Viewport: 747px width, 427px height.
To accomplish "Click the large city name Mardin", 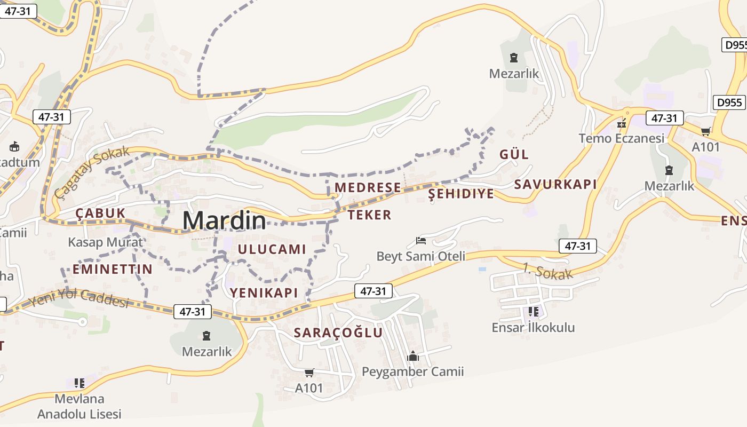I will [x=224, y=220].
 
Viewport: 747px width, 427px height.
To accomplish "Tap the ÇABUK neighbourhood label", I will [x=100, y=213].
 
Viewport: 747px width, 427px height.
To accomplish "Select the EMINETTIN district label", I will [x=113, y=269].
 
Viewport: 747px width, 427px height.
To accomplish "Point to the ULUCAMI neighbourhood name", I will [x=272, y=249].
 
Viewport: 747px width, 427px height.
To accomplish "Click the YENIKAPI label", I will [x=264, y=292].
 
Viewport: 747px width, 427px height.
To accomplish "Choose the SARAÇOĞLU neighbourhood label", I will [x=338, y=333].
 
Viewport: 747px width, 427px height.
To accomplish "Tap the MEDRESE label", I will [x=368, y=187].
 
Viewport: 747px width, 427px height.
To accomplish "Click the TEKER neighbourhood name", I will [x=369, y=215].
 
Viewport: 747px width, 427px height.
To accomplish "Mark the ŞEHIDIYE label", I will [x=461, y=194].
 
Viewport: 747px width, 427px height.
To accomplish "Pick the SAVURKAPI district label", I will [x=555, y=185].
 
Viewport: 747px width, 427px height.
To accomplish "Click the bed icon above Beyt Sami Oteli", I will [x=421, y=241].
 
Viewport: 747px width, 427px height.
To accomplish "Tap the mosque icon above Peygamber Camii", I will [x=413, y=356].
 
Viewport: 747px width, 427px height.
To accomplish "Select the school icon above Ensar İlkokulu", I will [x=533, y=311].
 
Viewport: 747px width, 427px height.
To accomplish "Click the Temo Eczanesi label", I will [x=622, y=138].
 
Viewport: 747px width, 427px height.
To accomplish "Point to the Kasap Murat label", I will [x=106, y=242].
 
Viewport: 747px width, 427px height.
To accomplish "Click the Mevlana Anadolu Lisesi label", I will [x=80, y=406].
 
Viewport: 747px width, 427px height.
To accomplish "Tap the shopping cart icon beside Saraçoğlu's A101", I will [x=309, y=373].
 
